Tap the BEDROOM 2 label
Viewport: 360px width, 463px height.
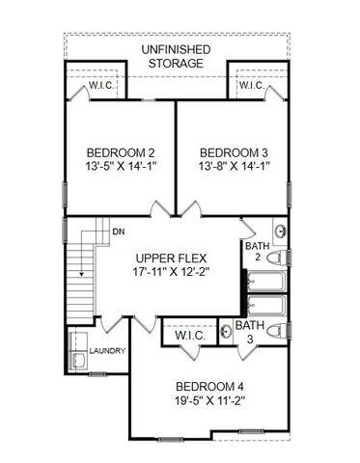121,152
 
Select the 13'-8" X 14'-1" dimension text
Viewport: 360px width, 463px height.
234,167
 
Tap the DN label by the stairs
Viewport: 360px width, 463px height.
118,232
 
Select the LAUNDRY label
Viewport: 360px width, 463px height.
107,351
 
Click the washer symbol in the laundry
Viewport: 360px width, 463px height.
77,361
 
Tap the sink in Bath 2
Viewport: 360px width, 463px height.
279,232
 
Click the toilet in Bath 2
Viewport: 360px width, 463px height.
277,259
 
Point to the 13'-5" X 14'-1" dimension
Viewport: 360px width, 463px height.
121,167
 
